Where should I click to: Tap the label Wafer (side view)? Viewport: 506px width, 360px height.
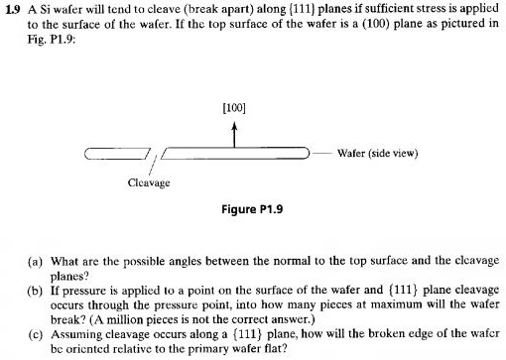click(377, 153)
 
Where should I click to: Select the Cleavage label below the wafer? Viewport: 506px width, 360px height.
click(149, 182)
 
